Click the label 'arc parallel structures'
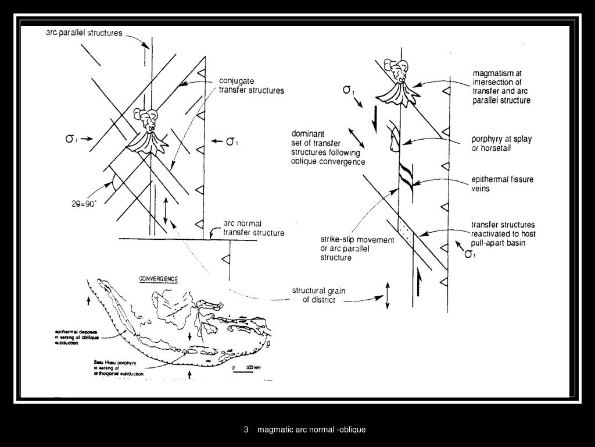tap(84, 33)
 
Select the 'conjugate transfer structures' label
tap(251, 86)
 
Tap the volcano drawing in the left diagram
tap(147, 132)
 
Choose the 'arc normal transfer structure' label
tap(254, 228)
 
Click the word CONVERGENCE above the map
tap(158, 279)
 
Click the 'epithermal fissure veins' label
tap(502, 184)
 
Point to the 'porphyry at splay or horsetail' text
tap(501, 144)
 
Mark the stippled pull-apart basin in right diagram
tap(405, 232)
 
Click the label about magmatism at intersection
tap(501, 87)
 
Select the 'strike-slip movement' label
tap(349, 249)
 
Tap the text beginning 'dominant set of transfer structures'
tap(328, 147)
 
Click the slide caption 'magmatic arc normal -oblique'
tap(311, 430)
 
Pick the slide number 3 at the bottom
tap(246, 430)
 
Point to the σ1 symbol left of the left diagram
tap(71, 139)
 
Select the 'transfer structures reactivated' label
tap(503, 233)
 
